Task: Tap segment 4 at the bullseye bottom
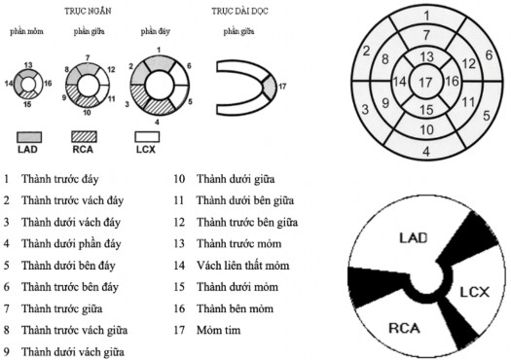(426, 152)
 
